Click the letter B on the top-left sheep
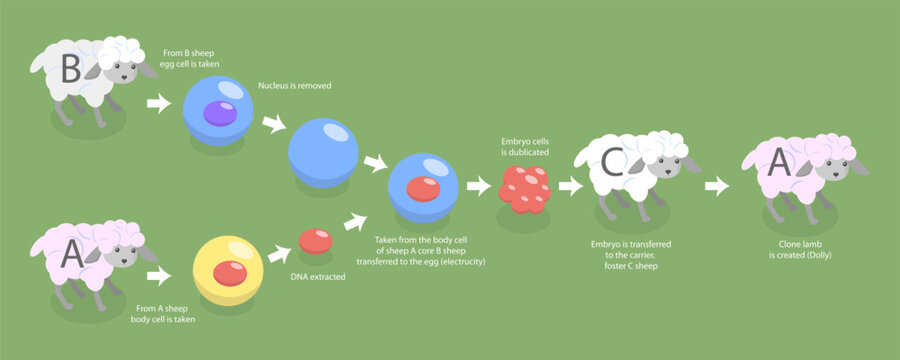[x=70, y=71]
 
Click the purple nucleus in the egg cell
[x=218, y=113]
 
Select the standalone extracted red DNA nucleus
[x=315, y=240]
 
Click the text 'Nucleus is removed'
[x=294, y=86]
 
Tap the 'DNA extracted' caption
[x=316, y=276]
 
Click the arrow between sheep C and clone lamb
[x=716, y=185]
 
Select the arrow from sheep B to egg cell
[x=158, y=102]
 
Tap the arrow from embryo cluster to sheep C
[x=570, y=185]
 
